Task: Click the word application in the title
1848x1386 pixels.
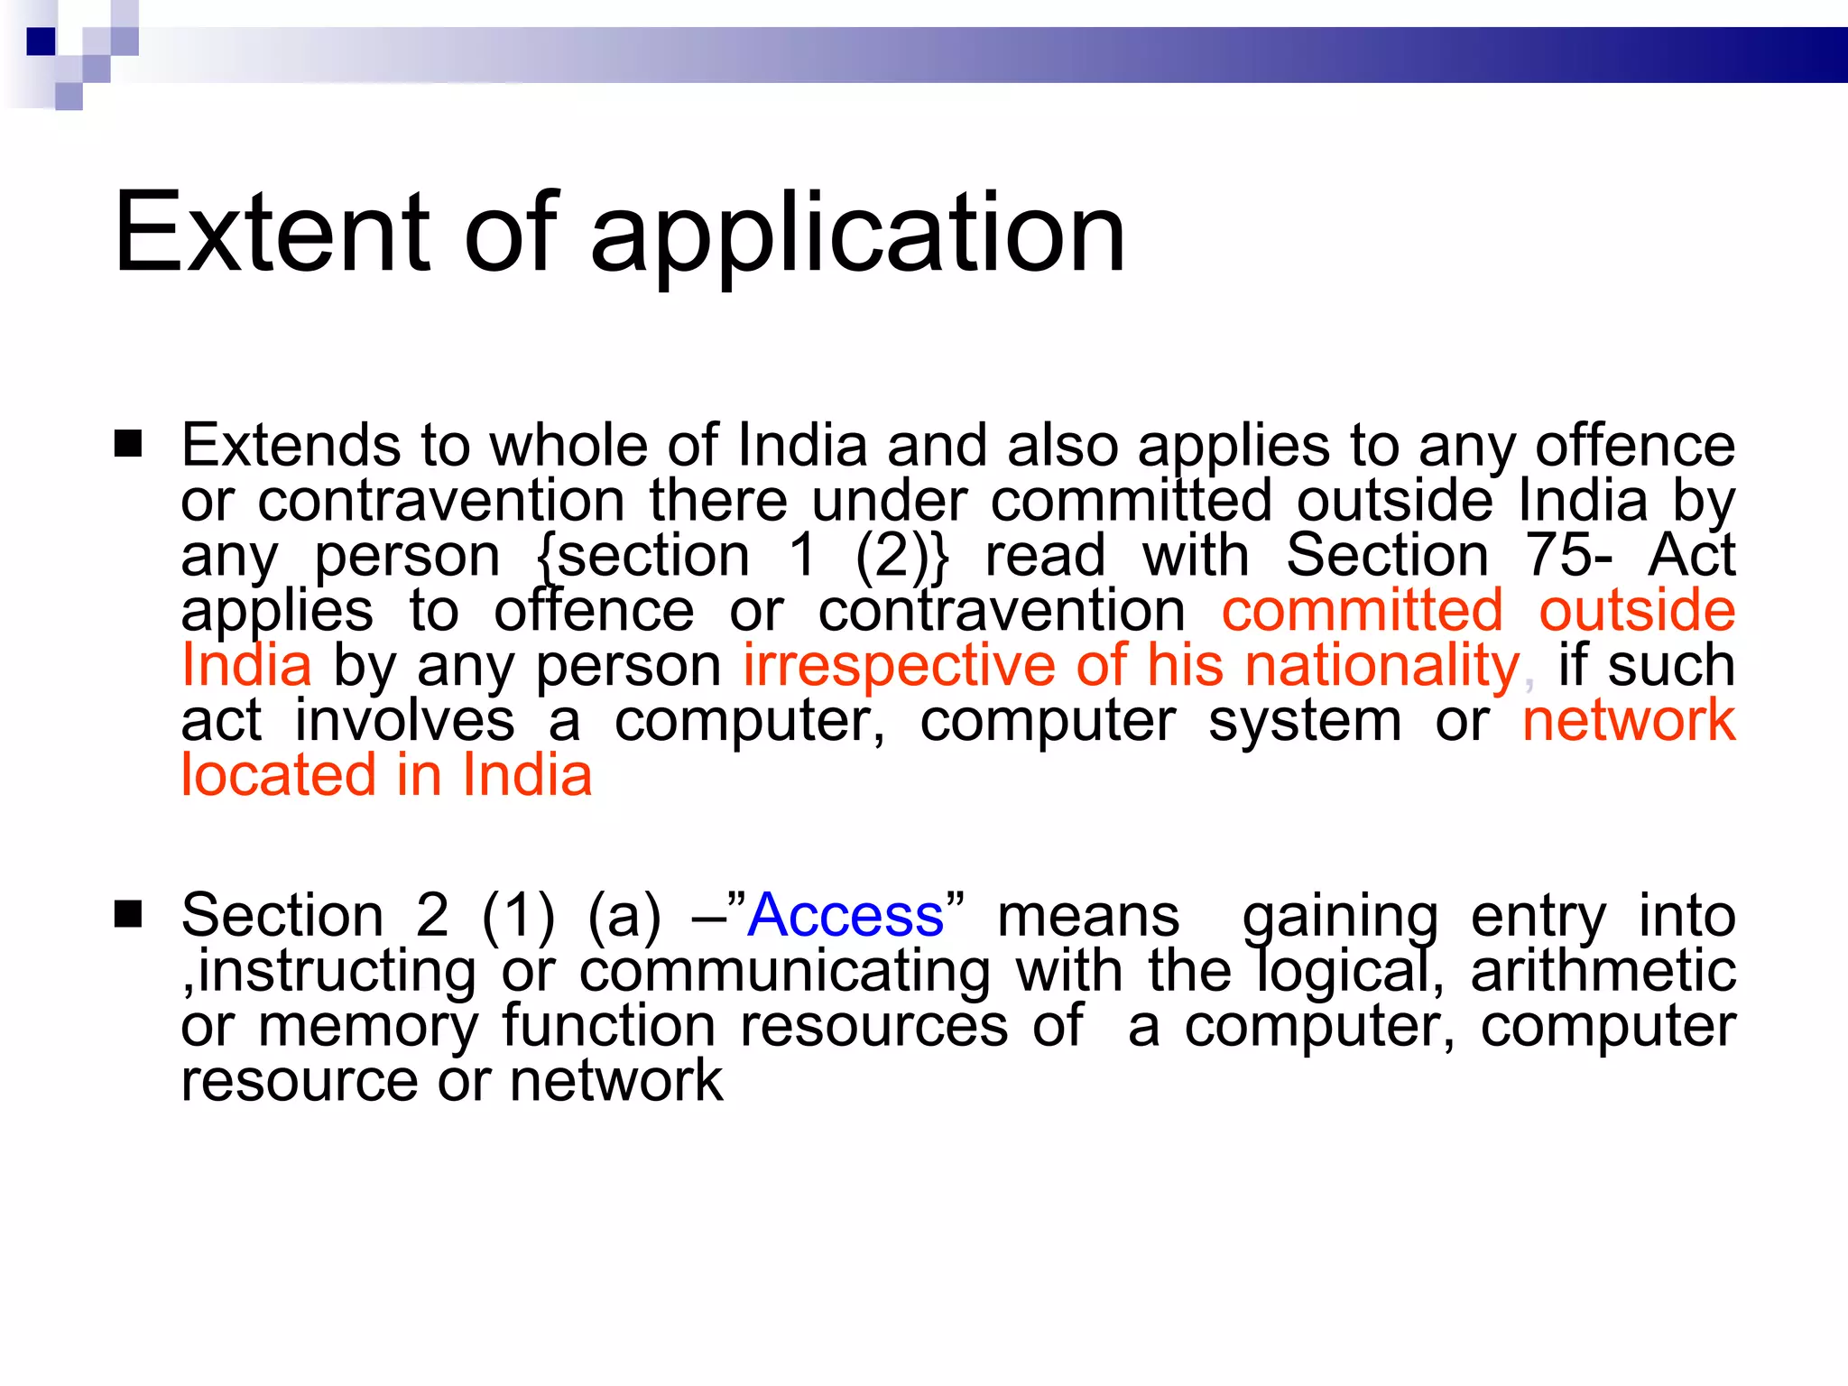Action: [x=857, y=236]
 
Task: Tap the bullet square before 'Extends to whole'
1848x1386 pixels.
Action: [x=128, y=444]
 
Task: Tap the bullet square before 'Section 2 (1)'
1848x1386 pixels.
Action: [x=128, y=914]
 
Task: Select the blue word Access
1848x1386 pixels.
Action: [x=845, y=915]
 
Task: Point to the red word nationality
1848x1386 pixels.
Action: [x=1381, y=666]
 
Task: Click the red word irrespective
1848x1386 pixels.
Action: [x=899, y=666]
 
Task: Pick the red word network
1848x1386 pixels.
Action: [x=1629, y=720]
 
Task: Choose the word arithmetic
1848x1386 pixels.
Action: [x=1603, y=971]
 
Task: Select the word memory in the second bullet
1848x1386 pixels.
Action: [x=367, y=1027]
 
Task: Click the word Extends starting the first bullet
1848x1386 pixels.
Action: [x=290, y=445]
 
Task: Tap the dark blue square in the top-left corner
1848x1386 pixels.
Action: [x=42, y=42]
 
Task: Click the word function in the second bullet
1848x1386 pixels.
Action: [x=609, y=1026]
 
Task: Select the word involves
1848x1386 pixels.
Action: [x=404, y=720]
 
